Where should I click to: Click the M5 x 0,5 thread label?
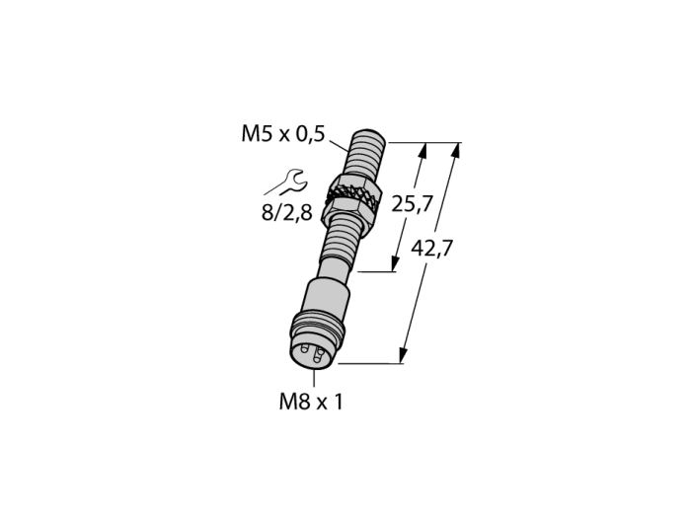282,133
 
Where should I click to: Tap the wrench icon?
287,183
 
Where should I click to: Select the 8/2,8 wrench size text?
287,213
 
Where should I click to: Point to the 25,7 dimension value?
411,204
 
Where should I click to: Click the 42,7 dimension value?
431,249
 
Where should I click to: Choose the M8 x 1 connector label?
311,402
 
